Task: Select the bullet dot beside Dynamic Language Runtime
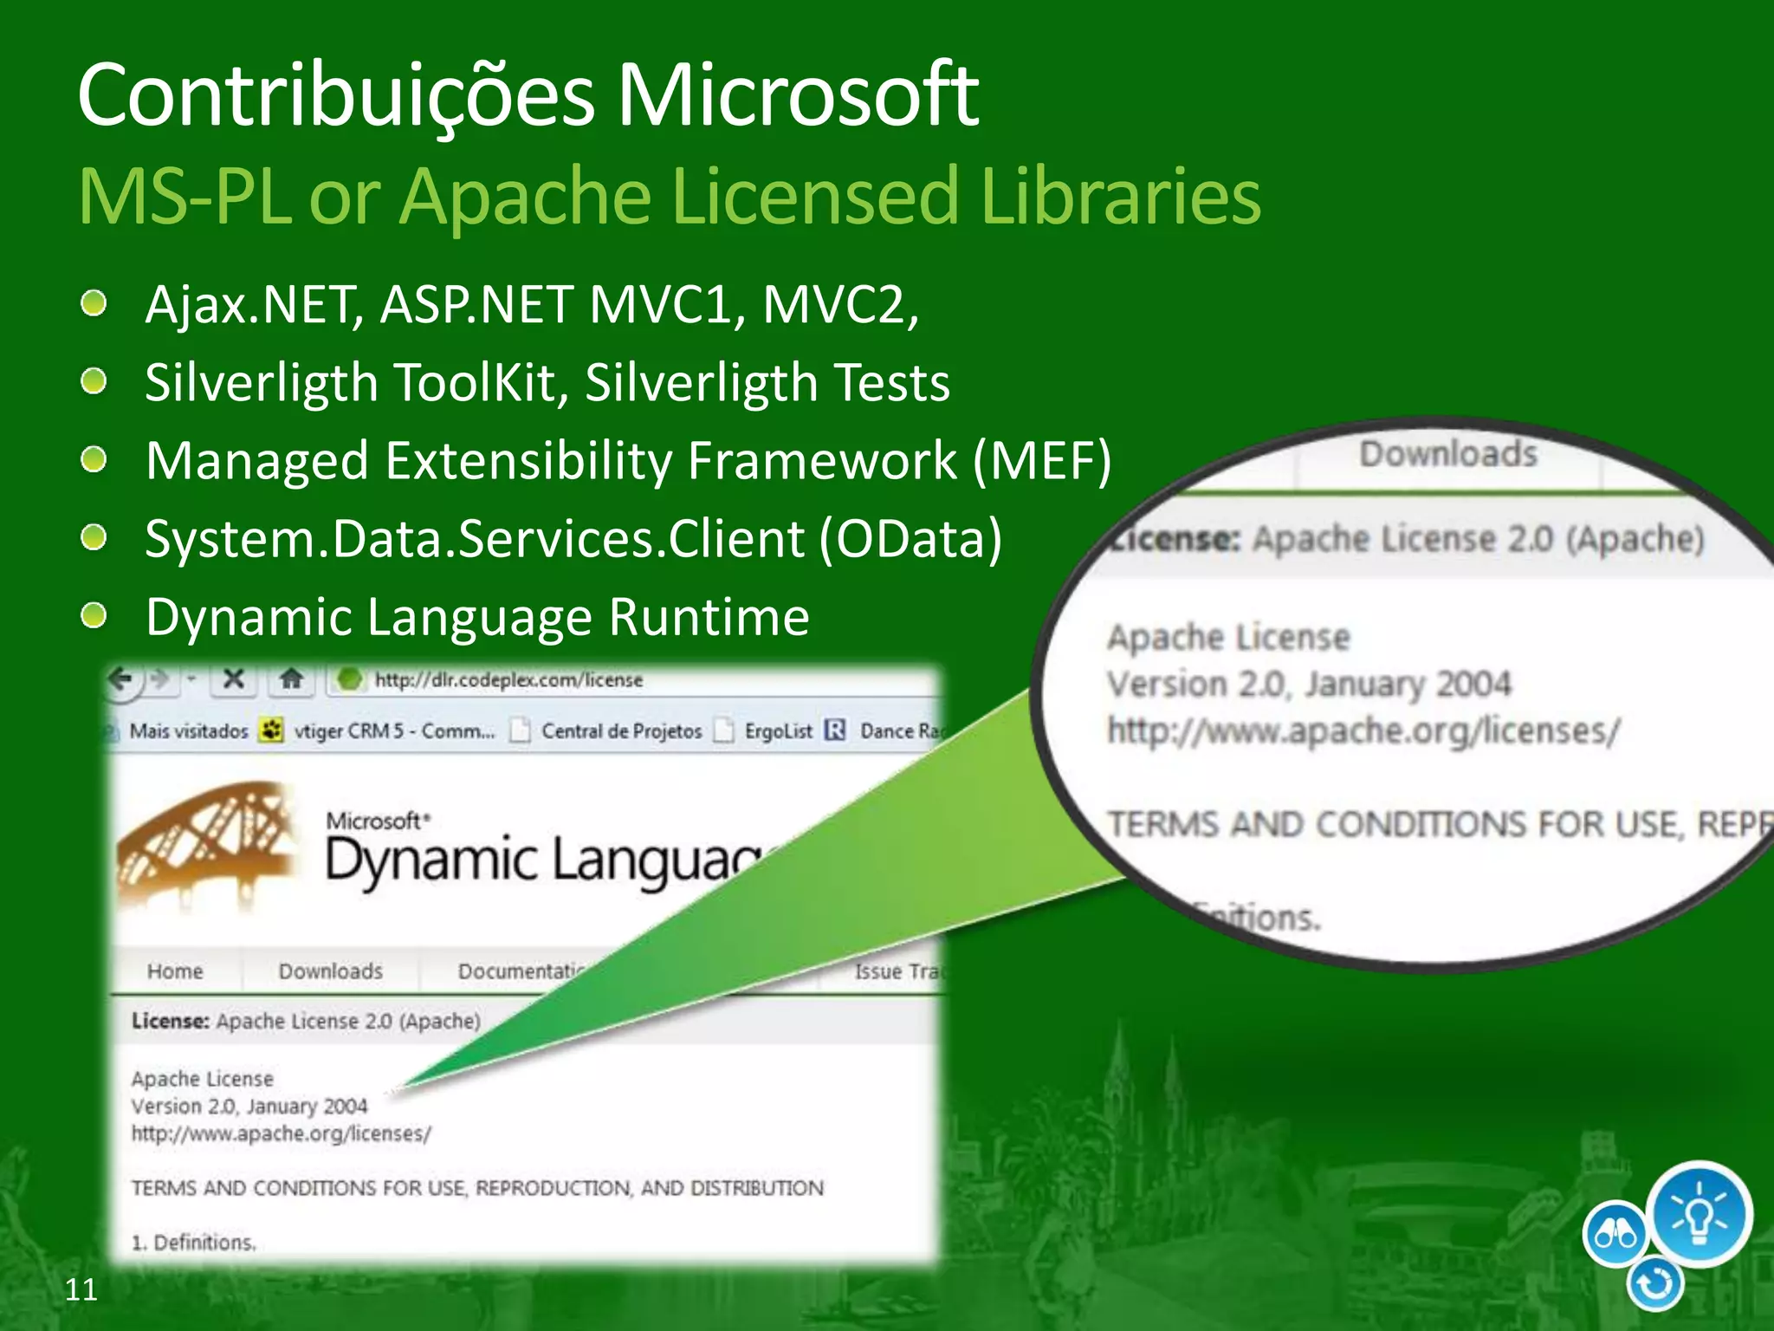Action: (94, 617)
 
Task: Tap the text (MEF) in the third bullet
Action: (1042, 460)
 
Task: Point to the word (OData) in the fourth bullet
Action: (910, 539)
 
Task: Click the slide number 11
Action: (81, 1289)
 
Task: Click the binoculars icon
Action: (1615, 1234)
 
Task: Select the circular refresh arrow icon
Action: (1655, 1284)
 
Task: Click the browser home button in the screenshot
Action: (291, 678)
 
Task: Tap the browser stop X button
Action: (233, 678)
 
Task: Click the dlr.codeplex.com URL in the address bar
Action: (508, 680)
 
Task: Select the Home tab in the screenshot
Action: (175, 971)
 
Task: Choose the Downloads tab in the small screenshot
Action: (331, 971)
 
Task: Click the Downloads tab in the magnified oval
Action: (1448, 454)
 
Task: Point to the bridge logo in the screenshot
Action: (208, 841)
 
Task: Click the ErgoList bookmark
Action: (778, 731)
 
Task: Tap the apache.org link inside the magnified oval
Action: (1363, 731)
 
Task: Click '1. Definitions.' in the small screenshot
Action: (193, 1243)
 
